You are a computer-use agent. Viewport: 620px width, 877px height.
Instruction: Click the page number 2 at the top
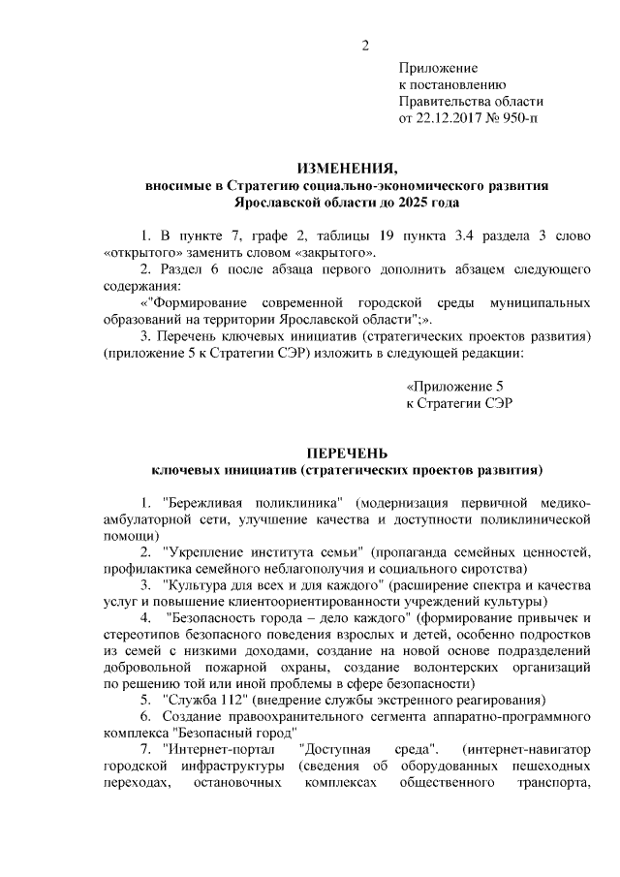point(365,44)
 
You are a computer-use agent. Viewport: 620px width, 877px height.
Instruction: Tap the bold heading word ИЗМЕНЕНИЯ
point(348,167)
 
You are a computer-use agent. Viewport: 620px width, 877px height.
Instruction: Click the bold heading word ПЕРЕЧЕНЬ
point(348,453)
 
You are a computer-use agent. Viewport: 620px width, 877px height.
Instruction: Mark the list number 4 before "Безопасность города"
point(145,617)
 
